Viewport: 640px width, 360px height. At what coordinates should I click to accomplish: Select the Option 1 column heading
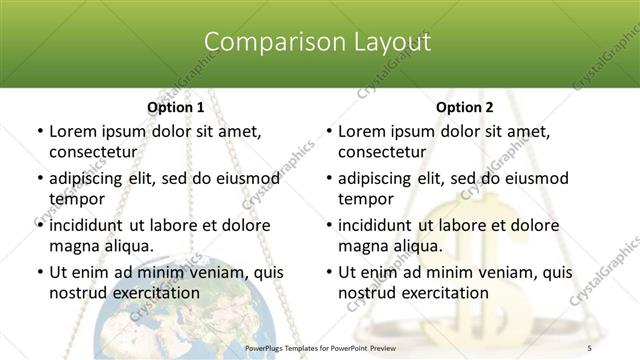coord(176,107)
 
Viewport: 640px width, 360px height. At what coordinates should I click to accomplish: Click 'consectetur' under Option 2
coord(381,152)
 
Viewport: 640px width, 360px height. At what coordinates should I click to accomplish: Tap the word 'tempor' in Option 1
coord(76,198)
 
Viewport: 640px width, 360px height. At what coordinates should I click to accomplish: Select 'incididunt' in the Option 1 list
coord(86,225)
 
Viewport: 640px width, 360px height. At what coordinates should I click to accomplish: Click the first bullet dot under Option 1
coord(39,131)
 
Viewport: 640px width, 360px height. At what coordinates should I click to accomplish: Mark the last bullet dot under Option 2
coord(328,272)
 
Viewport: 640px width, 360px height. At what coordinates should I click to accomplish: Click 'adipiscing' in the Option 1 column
coord(88,178)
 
